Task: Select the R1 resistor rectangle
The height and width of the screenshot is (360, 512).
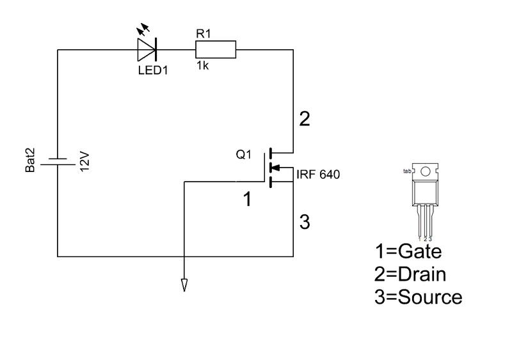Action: pos(216,50)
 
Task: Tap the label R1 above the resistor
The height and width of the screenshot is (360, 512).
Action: pos(204,34)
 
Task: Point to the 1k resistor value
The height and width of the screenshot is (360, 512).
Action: pos(202,66)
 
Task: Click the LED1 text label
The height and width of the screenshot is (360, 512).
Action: pos(153,70)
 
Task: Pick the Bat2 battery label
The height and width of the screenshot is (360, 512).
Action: pos(30,160)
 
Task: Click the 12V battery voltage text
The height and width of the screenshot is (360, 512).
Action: pos(84,161)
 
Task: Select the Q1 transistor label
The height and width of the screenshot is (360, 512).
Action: pos(244,154)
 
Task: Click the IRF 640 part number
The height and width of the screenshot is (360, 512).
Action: pos(318,175)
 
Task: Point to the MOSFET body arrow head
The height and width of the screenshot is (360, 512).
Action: pos(276,168)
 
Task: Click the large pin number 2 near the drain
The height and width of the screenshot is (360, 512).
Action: pos(305,119)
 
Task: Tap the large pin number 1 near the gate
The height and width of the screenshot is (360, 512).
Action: pos(248,199)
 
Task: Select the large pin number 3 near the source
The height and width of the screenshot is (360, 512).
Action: pos(305,222)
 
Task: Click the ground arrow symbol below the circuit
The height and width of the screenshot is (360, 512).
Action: pos(184,285)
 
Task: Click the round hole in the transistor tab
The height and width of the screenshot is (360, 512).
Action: pos(425,171)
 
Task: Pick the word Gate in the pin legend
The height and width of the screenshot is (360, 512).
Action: pos(420,251)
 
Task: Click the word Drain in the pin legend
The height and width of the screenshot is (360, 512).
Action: pos(422,274)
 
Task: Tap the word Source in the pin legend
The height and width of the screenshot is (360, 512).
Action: pos(430,297)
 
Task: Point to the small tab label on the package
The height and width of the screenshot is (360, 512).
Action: pos(407,171)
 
